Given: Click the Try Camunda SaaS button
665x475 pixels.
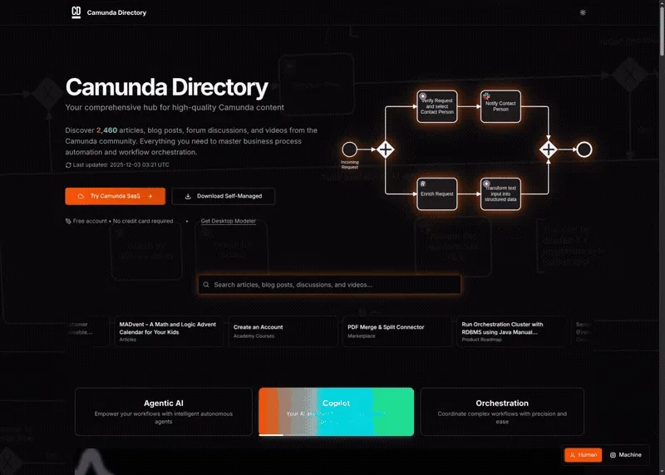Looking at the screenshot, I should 115,196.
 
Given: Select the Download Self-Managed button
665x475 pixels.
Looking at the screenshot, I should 223,196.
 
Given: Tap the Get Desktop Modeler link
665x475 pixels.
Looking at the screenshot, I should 229,221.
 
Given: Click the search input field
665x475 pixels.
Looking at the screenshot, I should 329,285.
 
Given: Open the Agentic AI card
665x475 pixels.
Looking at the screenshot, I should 164,411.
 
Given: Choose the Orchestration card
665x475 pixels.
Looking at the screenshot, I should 502,411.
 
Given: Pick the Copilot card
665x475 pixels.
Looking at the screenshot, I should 336,411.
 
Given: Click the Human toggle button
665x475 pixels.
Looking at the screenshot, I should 583,455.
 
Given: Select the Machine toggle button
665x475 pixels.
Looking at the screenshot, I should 625,455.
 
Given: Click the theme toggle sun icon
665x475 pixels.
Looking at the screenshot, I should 606,12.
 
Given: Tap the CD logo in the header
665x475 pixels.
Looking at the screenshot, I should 76,12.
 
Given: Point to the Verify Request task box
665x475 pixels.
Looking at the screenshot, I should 437,107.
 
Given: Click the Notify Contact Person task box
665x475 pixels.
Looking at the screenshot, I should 500,107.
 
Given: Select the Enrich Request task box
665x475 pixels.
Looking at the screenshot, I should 437,193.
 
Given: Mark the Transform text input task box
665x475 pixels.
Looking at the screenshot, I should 500,193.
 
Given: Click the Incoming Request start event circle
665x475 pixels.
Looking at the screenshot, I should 350,149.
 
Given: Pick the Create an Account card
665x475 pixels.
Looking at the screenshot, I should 283,331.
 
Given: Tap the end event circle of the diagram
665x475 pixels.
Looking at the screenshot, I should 584,149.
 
